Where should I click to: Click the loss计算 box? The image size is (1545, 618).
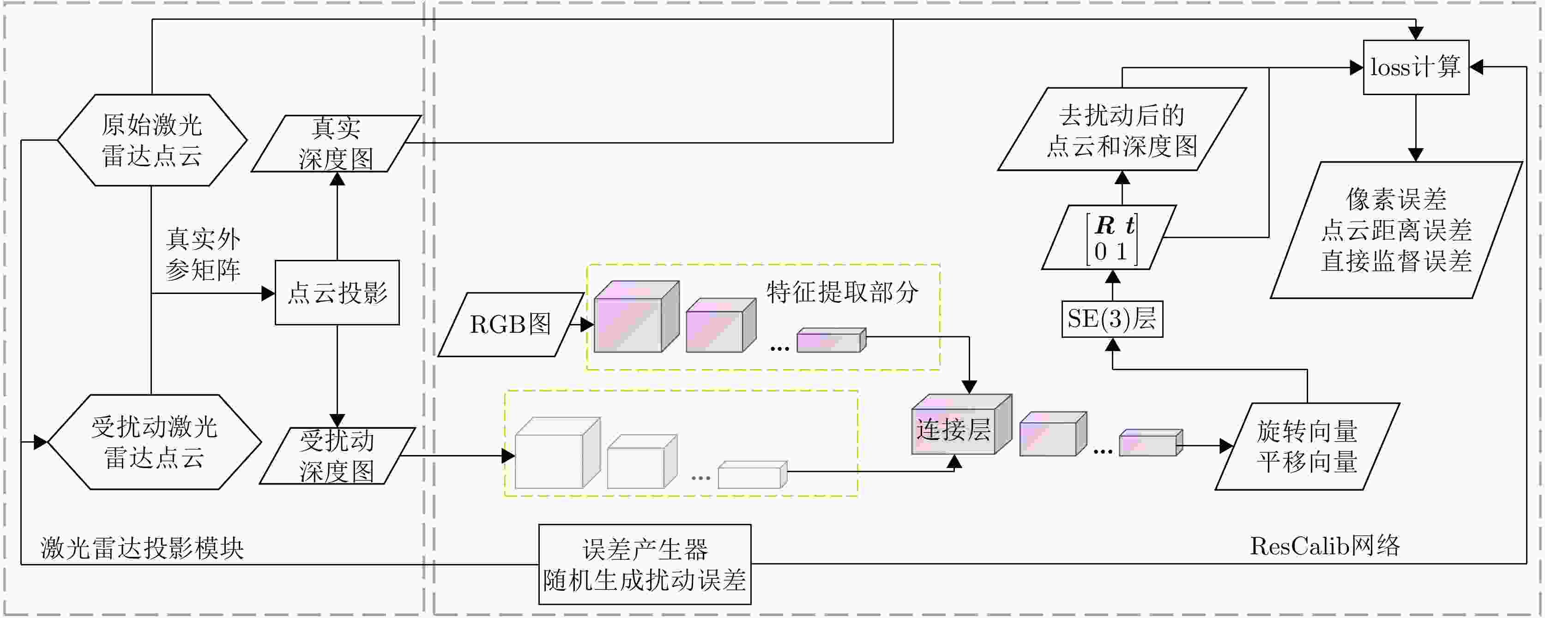click(1415, 67)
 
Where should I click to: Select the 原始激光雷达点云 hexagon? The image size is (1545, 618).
click(152, 140)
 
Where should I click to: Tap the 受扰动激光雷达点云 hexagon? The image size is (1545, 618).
click(154, 442)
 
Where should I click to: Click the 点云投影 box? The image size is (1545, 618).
click(337, 293)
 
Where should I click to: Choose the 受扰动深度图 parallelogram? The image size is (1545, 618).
click(337, 456)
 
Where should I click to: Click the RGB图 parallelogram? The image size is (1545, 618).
click(510, 324)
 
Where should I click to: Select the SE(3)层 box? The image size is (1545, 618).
click(1112, 319)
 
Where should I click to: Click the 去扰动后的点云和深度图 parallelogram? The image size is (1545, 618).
click(1122, 130)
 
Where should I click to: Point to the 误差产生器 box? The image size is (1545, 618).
click(645, 564)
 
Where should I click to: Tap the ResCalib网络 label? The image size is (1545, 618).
click(1324, 546)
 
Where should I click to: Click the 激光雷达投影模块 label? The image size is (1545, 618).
click(142, 548)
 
